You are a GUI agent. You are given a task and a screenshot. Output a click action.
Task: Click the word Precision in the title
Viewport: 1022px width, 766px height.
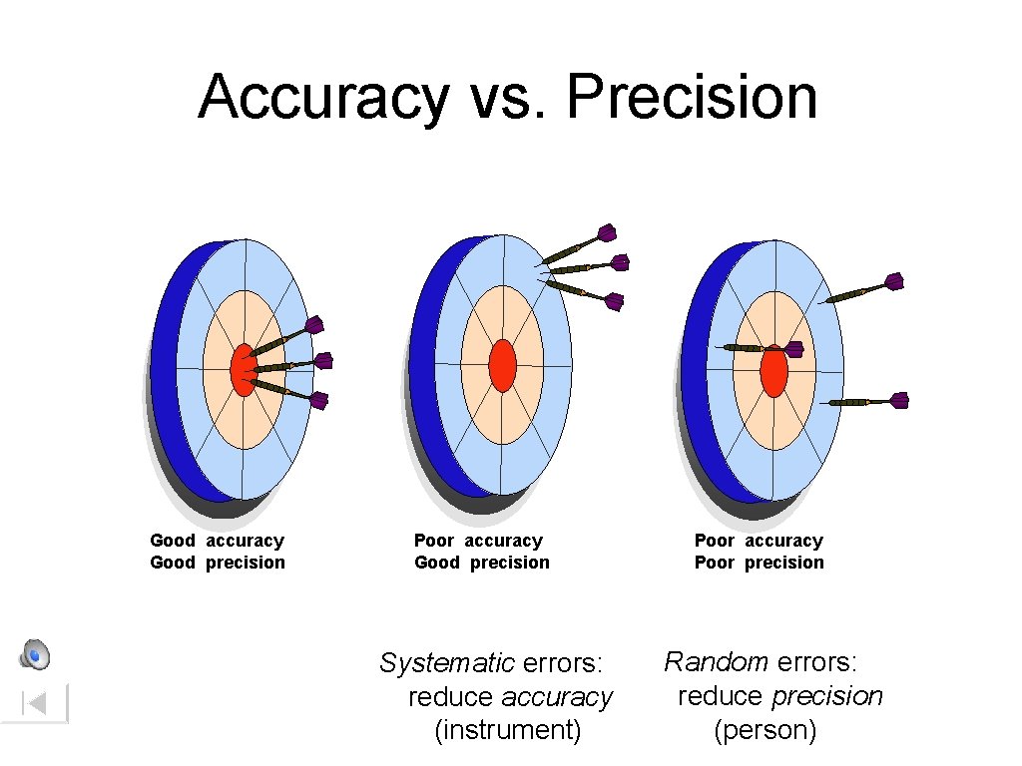click(x=691, y=98)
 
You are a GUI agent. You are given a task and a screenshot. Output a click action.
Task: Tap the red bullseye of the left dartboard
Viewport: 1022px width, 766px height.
click(x=243, y=369)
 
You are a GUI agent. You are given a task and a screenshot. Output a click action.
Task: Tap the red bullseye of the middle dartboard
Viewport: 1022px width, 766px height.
click(x=503, y=365)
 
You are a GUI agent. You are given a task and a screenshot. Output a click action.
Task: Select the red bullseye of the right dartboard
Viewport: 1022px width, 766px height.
click(x=773, y=370)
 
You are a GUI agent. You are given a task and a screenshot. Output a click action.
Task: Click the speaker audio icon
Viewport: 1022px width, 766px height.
click(x=35, y=654)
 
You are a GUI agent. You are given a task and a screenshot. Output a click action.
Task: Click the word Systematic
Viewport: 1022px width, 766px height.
click(x=447, y=662)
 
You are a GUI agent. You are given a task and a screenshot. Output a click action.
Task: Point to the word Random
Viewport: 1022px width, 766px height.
click(x=716, y=661)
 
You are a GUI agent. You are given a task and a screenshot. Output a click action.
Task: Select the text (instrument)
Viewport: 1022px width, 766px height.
click(x=508, y=730)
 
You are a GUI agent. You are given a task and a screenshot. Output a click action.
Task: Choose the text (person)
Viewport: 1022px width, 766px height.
click(x=766, y=730)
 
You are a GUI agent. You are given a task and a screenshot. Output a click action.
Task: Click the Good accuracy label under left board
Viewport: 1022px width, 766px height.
click(x=217, y=541)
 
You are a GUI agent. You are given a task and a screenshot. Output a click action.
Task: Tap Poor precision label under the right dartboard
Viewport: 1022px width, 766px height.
click(x=760, y=563)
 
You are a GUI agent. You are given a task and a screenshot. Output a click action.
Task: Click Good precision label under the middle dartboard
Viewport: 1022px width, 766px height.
click(x=482, y=563)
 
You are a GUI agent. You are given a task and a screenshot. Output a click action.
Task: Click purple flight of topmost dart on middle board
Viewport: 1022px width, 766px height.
click(x=606, y=233)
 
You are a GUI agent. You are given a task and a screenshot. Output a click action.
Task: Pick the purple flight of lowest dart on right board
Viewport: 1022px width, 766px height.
click(x=898, y=400)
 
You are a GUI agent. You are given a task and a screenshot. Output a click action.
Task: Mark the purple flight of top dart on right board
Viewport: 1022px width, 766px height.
click(x=893, y=282)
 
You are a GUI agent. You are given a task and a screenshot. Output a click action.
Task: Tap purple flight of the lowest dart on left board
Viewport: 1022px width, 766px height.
click(x=318, y=401)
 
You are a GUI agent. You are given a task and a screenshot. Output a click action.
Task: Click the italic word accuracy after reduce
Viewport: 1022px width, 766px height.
click(x=557, y=696)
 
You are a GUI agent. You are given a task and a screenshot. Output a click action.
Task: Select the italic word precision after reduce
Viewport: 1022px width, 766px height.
click(x=827, y=695)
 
